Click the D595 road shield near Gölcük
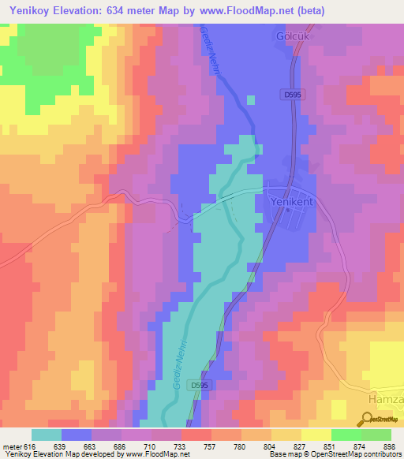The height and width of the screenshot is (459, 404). point(291,93)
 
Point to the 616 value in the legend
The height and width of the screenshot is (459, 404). point(28,446)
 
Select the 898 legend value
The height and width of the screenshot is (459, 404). point(388,446)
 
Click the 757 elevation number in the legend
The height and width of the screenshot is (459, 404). point(209,446)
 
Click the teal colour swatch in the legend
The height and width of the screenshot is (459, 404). point(47,435)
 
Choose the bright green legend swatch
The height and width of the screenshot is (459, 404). point(346,435)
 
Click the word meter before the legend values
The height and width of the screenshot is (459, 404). point(12,446)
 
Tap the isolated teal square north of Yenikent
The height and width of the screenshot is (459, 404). point(251,99)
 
